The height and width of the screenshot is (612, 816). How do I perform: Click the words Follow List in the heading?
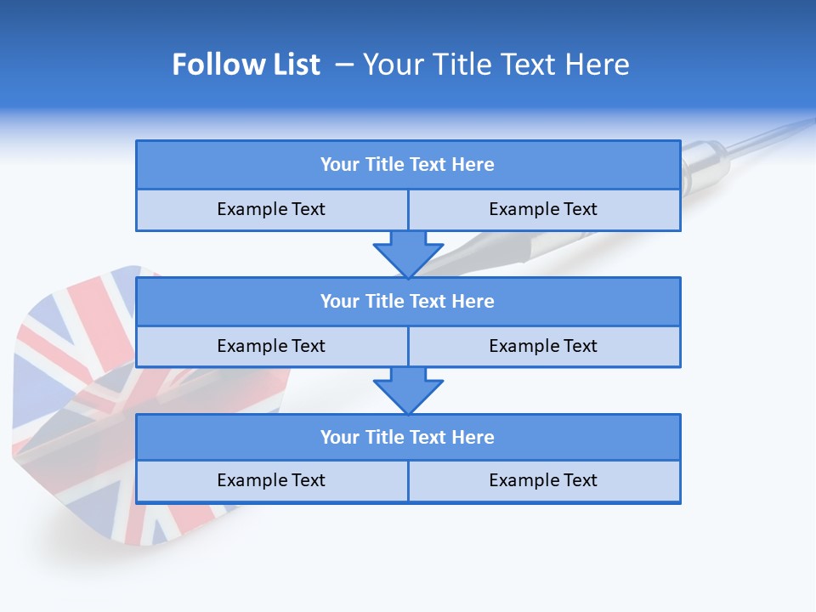[246, 65]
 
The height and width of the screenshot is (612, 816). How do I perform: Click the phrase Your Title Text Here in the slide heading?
[496, 65]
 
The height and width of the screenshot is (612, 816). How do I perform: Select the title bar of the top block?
[407, 165]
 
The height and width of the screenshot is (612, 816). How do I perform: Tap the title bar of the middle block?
[407, 301]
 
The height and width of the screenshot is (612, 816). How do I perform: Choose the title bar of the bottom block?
[407, 437]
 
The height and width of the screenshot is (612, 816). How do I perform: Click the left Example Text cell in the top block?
[271, 209]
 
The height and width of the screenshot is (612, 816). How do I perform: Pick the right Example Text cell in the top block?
[543, 209]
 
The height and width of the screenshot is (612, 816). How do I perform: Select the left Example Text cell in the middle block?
[271, 346]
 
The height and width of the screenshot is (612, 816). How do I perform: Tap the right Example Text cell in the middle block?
[543, 346]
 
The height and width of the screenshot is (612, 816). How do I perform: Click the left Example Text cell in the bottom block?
[271, 480]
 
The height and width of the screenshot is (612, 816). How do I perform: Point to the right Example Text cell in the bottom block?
[543, 480]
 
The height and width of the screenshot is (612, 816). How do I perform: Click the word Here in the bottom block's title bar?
[473, 437]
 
